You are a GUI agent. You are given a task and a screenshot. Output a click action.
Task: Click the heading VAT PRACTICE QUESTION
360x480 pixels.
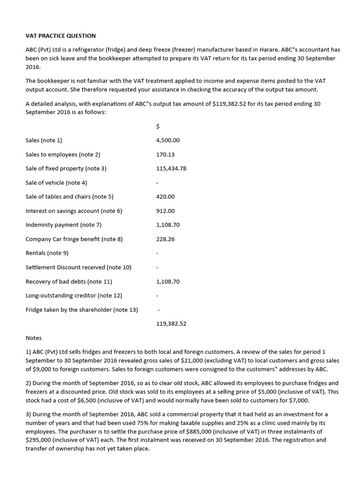coord(60,36)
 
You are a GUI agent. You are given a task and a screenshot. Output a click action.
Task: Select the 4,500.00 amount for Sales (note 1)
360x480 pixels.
coord(168,140)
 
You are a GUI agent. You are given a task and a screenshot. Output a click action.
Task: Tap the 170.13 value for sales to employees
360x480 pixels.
coord(165,154)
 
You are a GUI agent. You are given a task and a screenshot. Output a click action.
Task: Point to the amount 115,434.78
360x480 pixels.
coord(171,168)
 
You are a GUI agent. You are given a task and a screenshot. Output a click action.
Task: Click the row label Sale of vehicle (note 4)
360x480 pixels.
coord(56,182)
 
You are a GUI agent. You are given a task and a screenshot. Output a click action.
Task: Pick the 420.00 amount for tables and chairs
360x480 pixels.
coord(165,196)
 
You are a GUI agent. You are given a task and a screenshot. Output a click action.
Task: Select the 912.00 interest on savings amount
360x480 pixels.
coord(165,211)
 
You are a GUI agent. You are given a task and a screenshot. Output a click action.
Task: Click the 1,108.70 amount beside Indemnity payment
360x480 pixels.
coord(168,225)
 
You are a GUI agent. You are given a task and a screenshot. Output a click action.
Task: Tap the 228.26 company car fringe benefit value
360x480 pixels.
coord(165,239)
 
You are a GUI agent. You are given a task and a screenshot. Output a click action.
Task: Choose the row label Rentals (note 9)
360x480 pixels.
coord(47,253)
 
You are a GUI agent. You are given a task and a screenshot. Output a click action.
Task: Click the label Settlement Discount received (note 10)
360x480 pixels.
coord(78,267)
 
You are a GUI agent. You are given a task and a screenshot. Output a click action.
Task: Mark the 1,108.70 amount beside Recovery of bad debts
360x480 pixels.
coord(168,282)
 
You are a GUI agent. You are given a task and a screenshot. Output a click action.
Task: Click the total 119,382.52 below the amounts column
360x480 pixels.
coord(171,323)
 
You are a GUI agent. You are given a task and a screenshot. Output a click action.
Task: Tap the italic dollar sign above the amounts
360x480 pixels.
coord(157,126)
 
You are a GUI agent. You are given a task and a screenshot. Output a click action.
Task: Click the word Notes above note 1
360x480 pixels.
coord(33,337)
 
